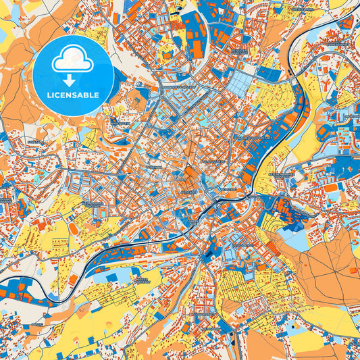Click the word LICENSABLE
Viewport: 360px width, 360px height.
72,95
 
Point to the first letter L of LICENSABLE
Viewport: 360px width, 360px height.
48,95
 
